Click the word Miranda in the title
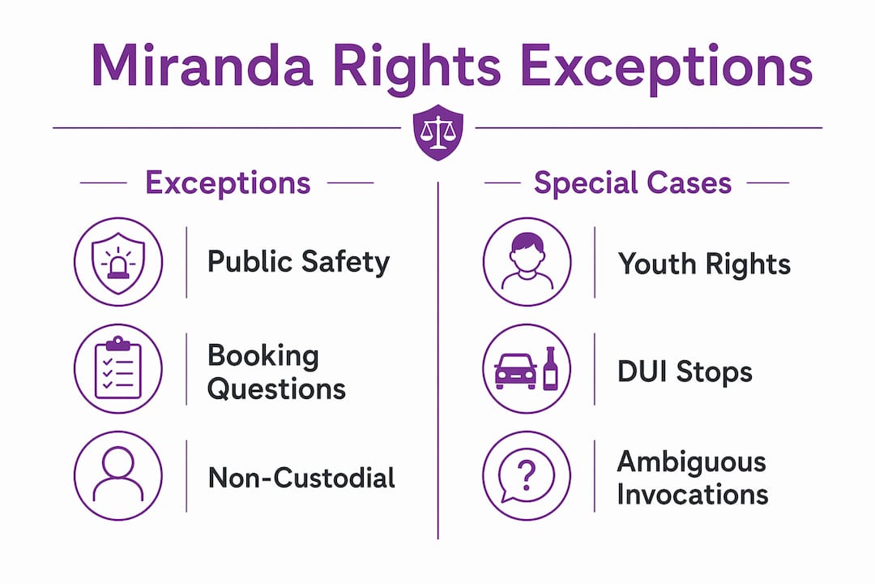coord(202,65)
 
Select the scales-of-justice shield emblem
coord(438,132)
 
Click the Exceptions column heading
coord(228,182)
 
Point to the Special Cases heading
coord(632,182)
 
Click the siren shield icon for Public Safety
coord(118,261)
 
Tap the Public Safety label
coord(298,263)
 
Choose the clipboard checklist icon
coord(118,368)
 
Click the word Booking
coord(262,357)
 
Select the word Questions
coord(276,389)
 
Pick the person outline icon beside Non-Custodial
coord(118,475)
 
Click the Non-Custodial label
coord(301,479)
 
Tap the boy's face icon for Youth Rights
coord(527,261)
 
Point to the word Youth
coord(657,264)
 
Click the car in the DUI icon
coord(515,371)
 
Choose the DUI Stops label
coord(685,372)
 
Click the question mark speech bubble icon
coord(527,475)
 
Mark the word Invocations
coord(693,495)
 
